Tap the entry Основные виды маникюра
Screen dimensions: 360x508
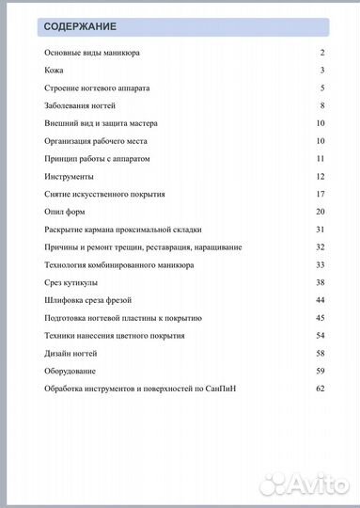point(92,54)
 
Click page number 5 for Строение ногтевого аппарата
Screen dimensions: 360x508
point(321,88)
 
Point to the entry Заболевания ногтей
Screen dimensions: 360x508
point(80,105)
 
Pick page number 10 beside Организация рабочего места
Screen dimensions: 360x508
point(320,141)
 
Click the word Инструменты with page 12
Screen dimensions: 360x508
point(68,177)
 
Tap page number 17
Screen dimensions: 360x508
point(320,194)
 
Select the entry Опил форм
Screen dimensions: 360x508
point(65,212)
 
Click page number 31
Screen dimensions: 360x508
point(320,230)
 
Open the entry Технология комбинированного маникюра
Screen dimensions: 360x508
point(119,265)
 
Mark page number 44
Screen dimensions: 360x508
point(320,300)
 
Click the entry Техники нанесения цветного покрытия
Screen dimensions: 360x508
point(114,336)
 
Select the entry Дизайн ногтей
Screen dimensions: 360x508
point(70,354)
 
